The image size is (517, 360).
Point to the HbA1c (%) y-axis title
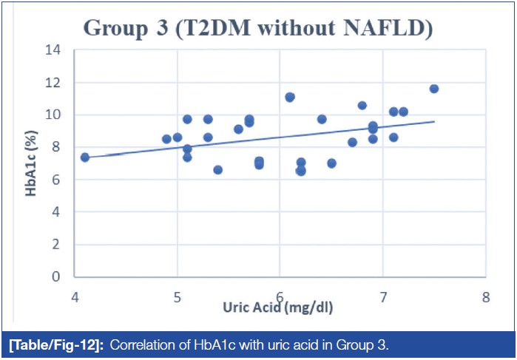pos(32,163)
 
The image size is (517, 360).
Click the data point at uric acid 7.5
pos(434,89)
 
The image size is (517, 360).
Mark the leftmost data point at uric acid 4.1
pos(85,157)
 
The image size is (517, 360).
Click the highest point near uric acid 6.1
pos(290,97)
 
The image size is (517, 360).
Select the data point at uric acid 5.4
pos(218,169)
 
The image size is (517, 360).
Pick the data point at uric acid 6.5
pos(331,163)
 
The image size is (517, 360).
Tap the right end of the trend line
pos(434,122)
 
